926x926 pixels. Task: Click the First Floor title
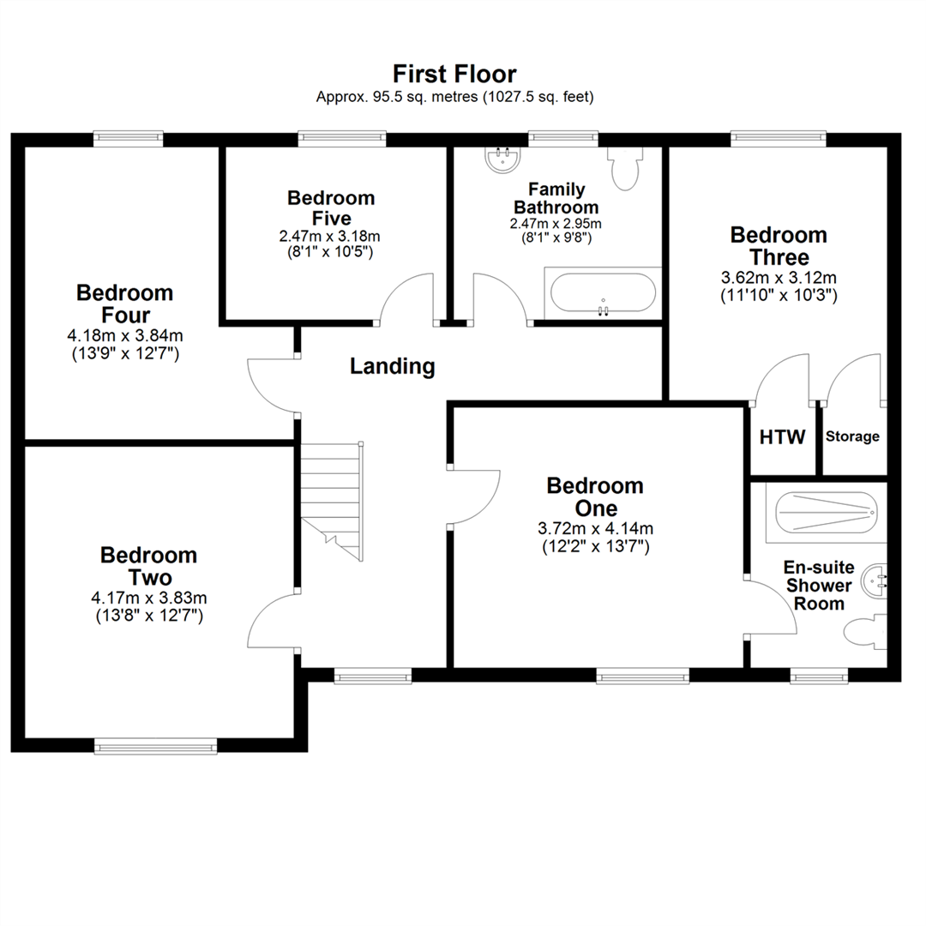454,73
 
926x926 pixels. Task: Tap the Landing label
393,367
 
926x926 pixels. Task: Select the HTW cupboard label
783,437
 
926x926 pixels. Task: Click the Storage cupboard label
852,436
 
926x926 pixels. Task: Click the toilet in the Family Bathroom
623,169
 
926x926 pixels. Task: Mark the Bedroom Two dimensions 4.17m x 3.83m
148,598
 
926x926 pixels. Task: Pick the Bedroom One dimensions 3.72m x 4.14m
595,528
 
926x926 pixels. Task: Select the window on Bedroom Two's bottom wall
156,747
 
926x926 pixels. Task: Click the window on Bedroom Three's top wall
779,135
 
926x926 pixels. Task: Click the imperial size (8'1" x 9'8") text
556,238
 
